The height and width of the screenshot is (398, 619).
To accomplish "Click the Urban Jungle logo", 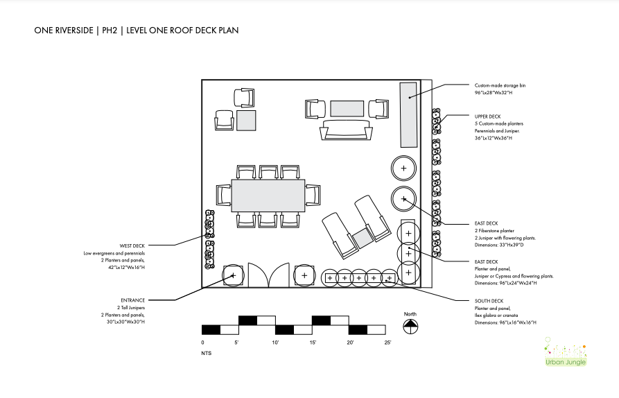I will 564,354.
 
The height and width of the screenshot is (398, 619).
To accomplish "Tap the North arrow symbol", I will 410,324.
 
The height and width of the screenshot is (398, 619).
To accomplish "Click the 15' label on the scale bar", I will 313,343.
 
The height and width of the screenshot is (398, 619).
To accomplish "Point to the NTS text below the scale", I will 207,354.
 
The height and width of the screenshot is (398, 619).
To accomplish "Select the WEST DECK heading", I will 132,245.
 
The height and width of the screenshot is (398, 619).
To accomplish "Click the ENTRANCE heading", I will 133,300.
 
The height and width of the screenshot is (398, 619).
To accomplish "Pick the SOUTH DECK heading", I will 487,300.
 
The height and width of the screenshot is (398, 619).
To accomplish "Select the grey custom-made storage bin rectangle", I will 408,114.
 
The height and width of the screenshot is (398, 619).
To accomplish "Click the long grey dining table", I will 268,196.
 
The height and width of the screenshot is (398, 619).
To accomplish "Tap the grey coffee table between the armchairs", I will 346,108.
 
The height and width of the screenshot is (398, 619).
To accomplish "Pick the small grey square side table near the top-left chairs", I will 246,120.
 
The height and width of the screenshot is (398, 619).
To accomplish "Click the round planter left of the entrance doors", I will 233,276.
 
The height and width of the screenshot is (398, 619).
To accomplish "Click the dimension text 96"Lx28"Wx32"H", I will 493,92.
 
